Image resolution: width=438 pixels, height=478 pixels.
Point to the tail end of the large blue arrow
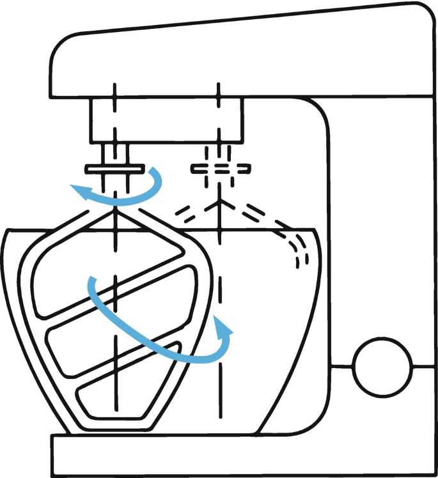[91, 281]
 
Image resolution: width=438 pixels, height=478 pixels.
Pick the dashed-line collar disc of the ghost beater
[220, 169]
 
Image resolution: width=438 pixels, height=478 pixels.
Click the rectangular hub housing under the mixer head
[166, 120]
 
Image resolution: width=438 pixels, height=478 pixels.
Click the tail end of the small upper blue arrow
[152, 171]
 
